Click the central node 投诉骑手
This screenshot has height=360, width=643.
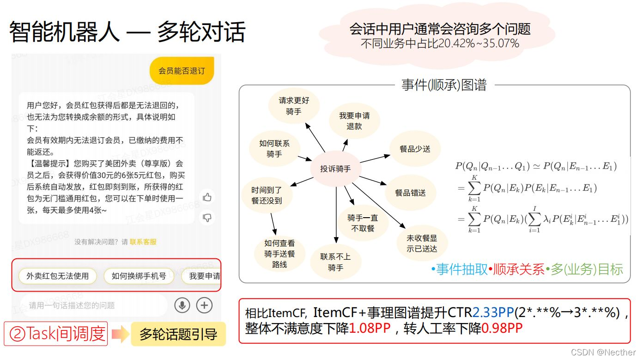(x=335, y=169)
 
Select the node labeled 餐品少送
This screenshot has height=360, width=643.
(x=415, y=149)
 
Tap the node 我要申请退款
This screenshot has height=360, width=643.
(x=354, y=121)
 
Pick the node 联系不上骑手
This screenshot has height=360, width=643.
(x=335, y=262)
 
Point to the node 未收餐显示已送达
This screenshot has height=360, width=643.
(x=421, y=244)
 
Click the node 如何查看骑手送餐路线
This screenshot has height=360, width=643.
(x=279, y=254)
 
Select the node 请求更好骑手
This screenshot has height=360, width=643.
(x=294, y=106)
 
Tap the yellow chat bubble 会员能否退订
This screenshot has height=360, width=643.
(x=182, y=71)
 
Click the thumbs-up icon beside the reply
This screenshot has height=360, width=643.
(x=207, y=197)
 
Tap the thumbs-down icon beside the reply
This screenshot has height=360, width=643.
(x=207, y=217)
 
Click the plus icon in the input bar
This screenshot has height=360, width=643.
(x=204, y=305)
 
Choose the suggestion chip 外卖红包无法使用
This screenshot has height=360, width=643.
(x=57, y=276)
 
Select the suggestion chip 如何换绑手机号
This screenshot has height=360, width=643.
(x=139, y=276)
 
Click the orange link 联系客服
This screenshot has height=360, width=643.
(x=143, y=242)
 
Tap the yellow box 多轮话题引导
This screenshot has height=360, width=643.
(x=178, y=334)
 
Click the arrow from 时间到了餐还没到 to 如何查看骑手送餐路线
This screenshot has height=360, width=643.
(x=273, y=224)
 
